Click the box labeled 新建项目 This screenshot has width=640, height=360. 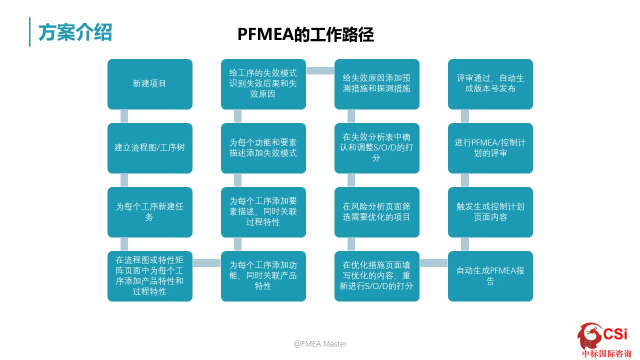[149, 84]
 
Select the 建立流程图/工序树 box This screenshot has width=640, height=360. [149, 148]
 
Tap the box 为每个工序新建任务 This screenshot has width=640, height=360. [149, 212]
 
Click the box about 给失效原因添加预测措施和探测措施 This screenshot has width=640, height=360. [377, 84]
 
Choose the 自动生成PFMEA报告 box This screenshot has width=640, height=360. [490, 276]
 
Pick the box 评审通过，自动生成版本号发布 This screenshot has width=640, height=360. [490, 84]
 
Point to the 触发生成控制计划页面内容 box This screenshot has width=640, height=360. [490, 212]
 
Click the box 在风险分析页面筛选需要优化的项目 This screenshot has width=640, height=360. [377, 212]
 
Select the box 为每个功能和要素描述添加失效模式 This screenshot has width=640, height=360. [263, 148]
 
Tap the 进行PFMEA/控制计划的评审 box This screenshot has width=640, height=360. [490, 148]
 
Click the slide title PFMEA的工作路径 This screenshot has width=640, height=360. [305, 34]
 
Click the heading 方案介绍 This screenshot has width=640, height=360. [75, 32]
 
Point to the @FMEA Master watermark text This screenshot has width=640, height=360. [320, 343]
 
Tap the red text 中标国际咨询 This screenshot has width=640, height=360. [606, 353]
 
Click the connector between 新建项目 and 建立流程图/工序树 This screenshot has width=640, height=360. [124, 116]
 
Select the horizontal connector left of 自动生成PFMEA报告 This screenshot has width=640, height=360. [433, 263]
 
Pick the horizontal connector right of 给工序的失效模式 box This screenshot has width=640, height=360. [320, 70]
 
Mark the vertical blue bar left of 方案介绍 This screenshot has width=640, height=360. [29, 31]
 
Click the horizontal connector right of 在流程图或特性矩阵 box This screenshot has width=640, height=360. [207, 263]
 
